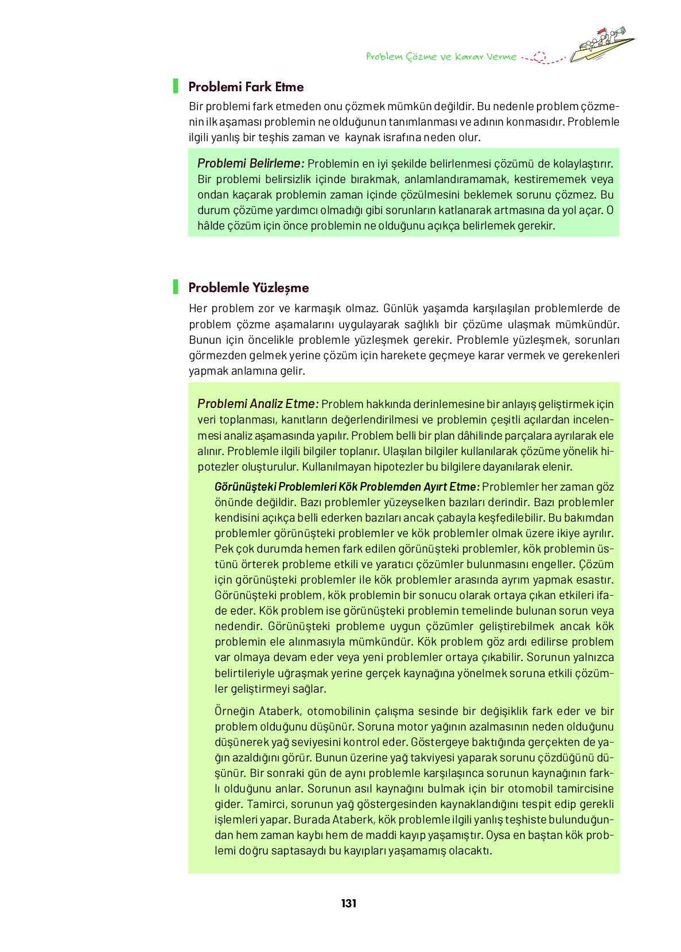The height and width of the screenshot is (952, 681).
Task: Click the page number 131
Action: coord(348,903)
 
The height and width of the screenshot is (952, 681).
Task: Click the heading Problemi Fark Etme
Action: coord(246,87)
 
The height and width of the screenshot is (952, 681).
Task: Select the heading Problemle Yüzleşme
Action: coord(248,287)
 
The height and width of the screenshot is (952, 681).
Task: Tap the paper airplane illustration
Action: coord(602,45)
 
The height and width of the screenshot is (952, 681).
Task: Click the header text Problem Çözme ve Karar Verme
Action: coord(441,56)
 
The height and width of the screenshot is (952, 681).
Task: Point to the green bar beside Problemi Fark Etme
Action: coord(176,86)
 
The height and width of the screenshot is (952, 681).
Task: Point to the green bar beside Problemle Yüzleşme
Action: coord(176,287)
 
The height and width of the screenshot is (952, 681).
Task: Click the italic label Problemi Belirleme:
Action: coord(251,164)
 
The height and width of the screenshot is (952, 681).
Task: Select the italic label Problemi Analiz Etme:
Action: coord(258,403)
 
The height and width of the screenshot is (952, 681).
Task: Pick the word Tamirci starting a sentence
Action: coord(266,804)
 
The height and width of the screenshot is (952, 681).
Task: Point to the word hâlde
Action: coord(211,226)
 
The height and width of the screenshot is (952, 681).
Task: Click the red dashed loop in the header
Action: coord(539,57)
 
